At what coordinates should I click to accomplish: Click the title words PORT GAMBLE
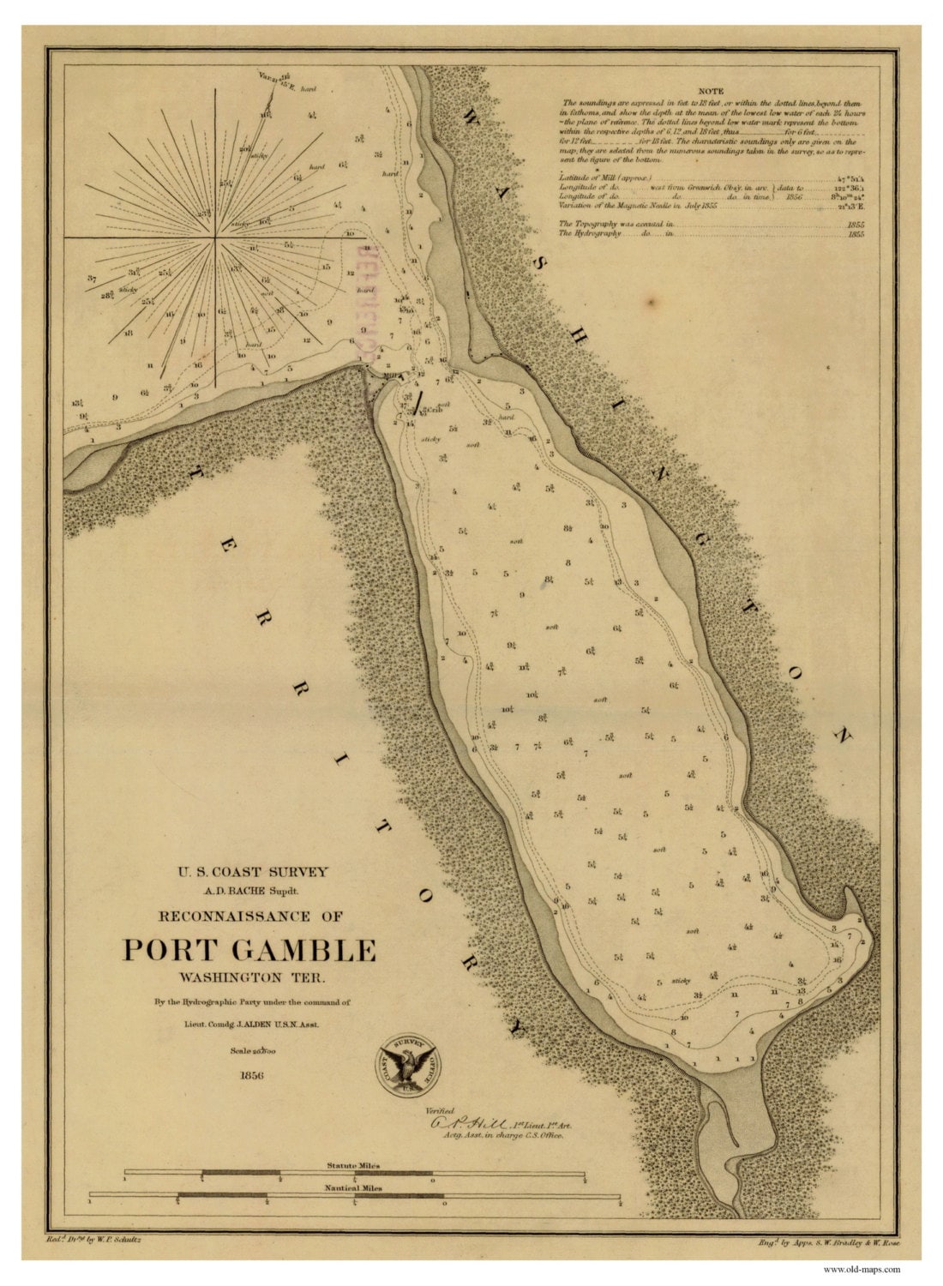point(249,950)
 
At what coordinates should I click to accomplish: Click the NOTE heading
point(711,91)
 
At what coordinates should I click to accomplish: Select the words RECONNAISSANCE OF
point(251,916)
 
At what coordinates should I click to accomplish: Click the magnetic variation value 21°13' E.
point(850,206)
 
